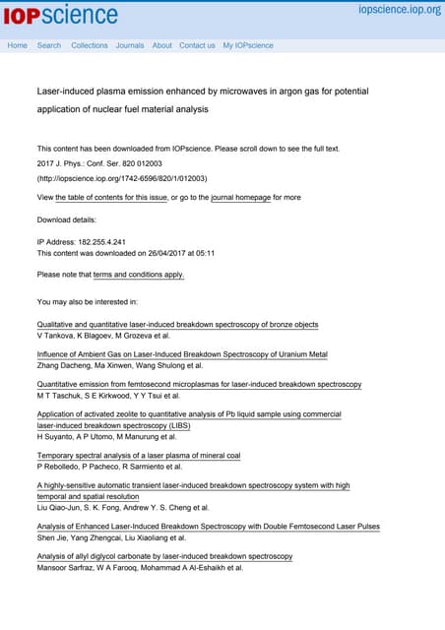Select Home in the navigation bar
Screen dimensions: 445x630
pos(17,45)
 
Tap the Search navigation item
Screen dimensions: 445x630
pos(49,45)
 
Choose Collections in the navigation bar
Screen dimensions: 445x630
pos(90,45)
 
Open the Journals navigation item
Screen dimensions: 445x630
pos(130,45)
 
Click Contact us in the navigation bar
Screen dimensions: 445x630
pos(197,45)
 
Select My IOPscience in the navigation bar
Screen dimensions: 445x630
pos(248,45)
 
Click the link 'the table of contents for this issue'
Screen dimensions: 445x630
pos(111,198)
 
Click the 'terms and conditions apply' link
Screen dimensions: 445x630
pos(138,275)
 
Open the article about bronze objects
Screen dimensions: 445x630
pos(177,325)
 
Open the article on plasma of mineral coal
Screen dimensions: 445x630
pos(139,456)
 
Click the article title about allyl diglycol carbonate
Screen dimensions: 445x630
pos(164,556)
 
